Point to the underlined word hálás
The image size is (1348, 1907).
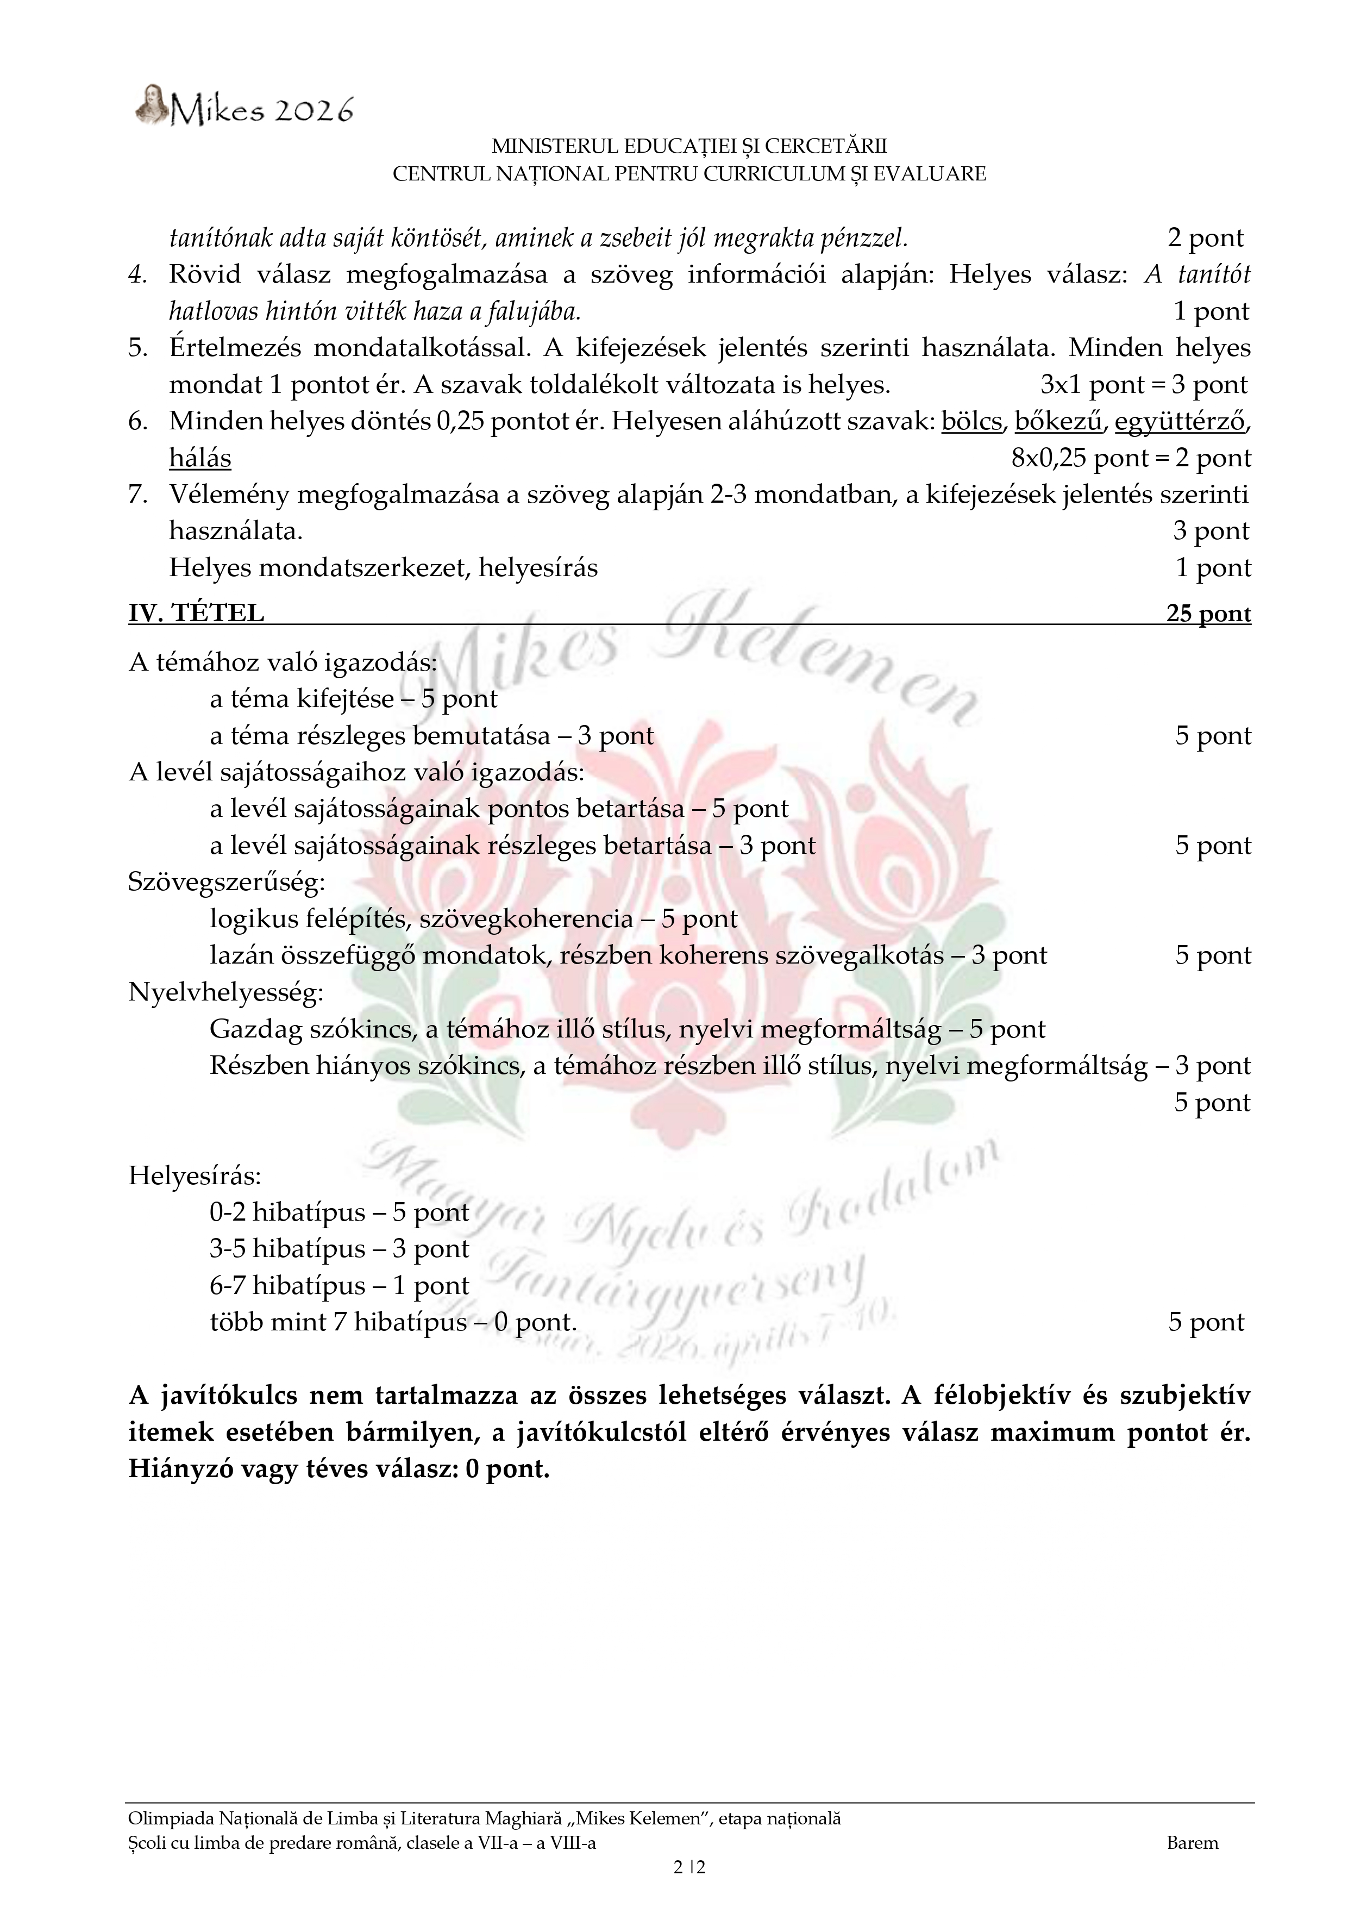200,459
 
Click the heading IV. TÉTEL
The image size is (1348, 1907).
196,613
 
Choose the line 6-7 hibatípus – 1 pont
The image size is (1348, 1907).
339,1286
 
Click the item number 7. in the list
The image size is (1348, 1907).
138,495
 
